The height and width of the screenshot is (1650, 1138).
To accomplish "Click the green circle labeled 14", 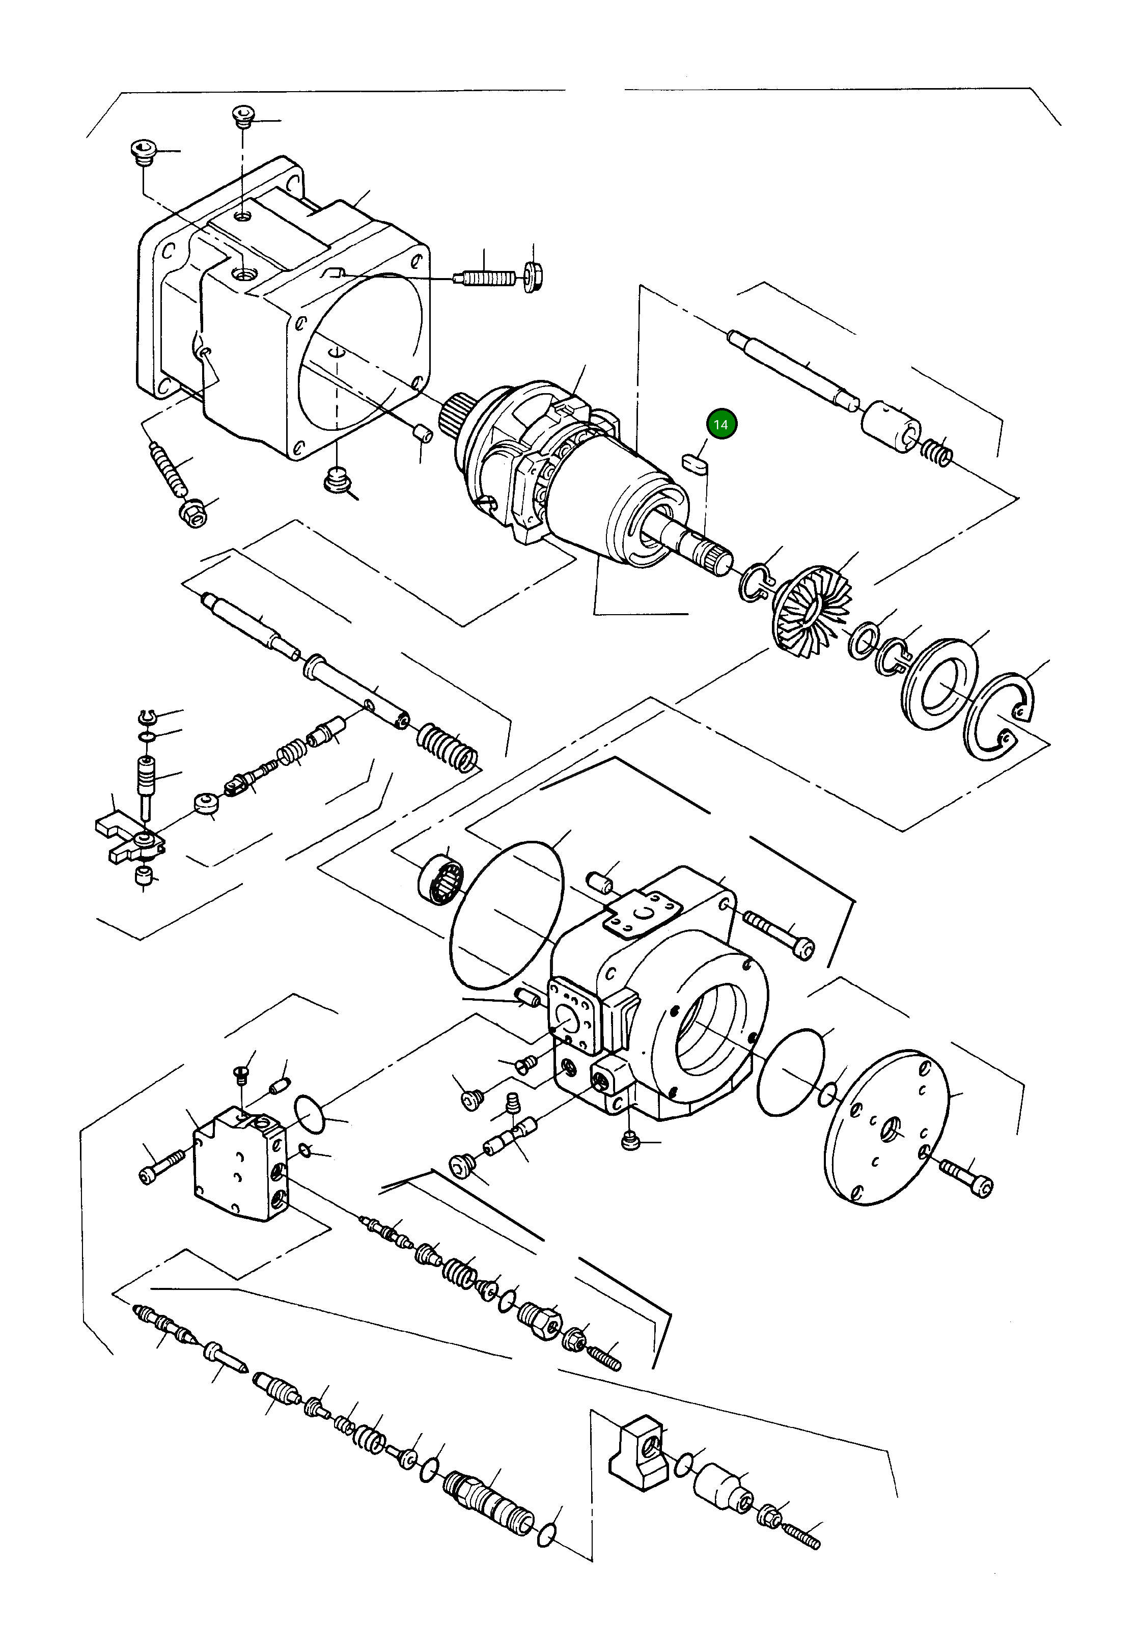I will [x=721, y=424].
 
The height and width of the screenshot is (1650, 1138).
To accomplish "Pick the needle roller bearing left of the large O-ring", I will [x=440, y=878].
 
